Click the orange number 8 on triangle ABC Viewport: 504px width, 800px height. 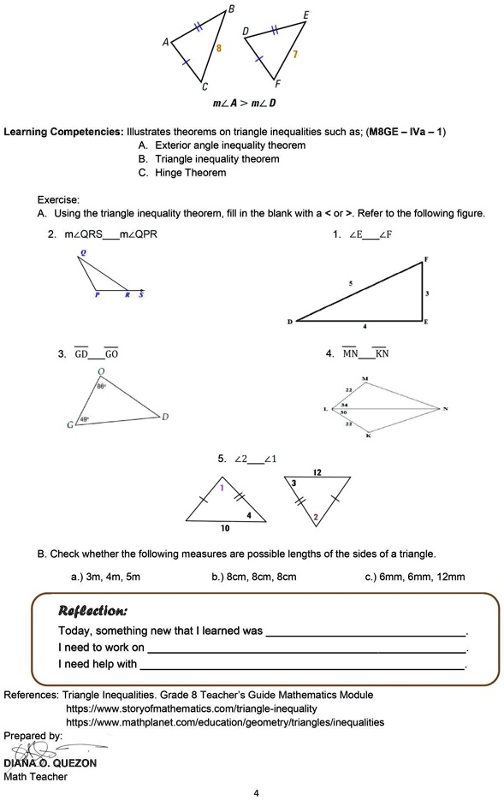[x=219, y=50]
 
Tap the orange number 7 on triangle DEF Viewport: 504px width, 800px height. [x=294, y=54]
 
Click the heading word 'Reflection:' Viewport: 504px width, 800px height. [x=92, y=610]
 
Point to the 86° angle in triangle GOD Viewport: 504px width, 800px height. [x=101, y=386]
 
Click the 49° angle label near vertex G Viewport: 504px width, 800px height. [x=85, y=418]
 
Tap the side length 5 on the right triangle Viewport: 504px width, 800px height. [x=350, y=282]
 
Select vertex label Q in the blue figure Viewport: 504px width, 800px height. [x=83, y=253]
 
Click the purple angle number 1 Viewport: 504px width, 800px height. [x=222, y=488]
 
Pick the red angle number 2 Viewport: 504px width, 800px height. [x=316, y=517]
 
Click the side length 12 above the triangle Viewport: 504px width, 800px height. [x=317, y=472]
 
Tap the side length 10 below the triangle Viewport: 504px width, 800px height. [x=225, y=529]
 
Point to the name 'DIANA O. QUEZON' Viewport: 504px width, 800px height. [x=50, y=763]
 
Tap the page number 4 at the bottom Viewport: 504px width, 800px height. [x=256, y=793]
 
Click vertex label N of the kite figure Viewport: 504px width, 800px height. [x=445, y=408]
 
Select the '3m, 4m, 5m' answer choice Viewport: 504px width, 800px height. [x=105, y=577]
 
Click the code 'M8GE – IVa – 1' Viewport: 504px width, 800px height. [x=406, y=132]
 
